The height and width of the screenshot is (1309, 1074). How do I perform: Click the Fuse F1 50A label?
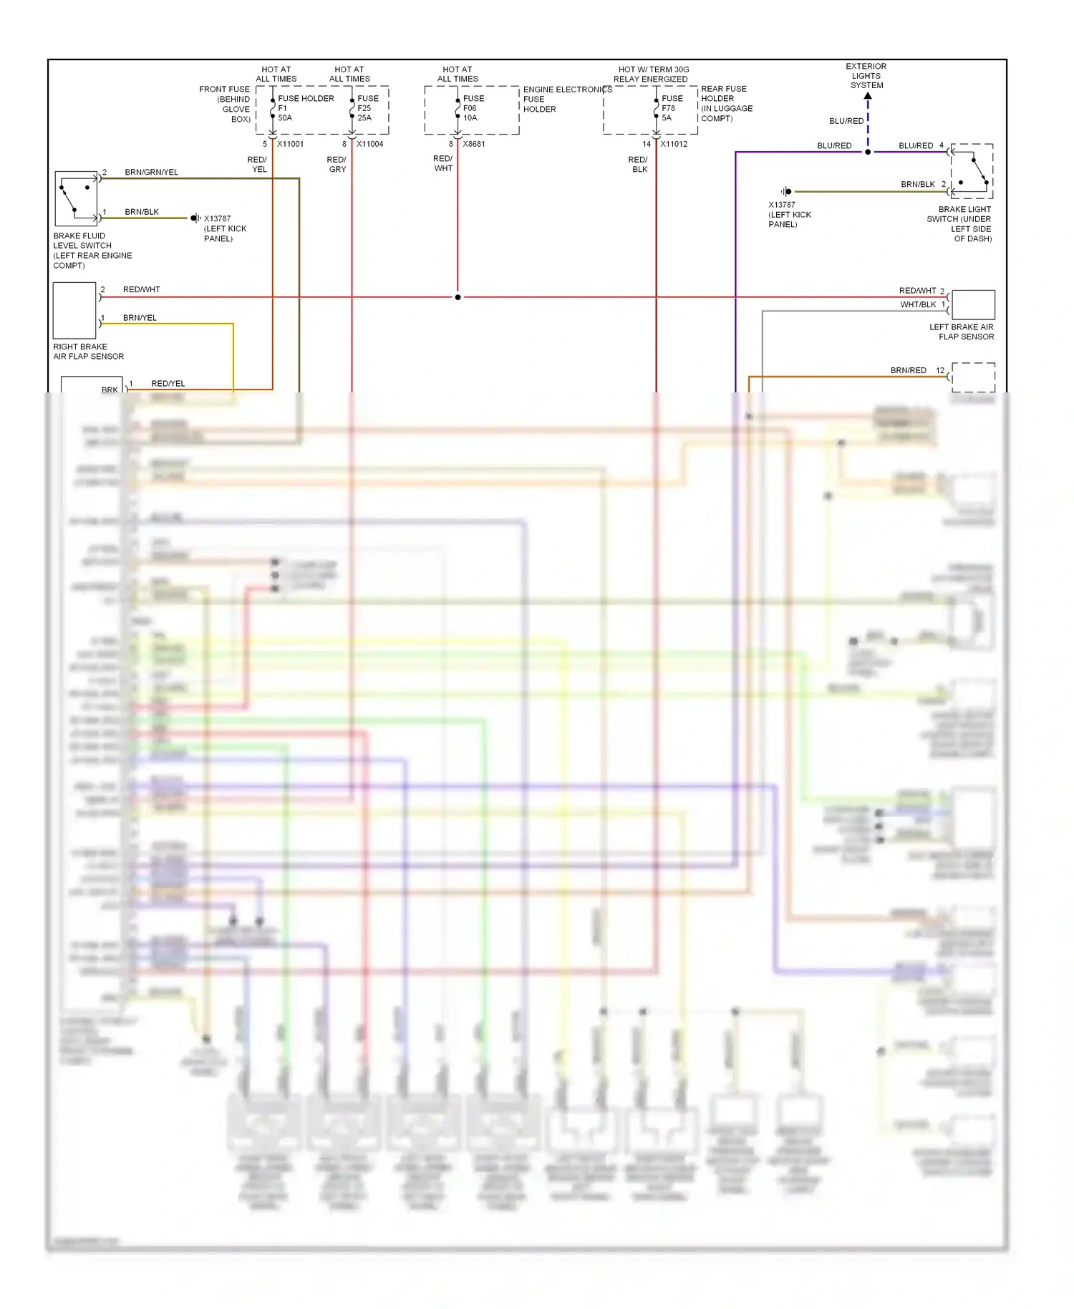285,108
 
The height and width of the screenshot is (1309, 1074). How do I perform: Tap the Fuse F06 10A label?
472,108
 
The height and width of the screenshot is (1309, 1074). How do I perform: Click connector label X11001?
290,144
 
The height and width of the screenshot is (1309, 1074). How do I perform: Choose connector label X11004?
369,144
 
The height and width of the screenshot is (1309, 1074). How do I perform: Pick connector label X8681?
474,144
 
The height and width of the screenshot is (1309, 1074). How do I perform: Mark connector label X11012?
674,144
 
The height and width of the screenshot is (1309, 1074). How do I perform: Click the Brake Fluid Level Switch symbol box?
76,198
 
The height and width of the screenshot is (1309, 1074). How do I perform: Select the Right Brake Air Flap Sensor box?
74,310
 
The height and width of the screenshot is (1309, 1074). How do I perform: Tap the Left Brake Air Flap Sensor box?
973,304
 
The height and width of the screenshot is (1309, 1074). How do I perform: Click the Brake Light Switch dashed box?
972,170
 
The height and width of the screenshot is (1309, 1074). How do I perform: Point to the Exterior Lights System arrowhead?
868,96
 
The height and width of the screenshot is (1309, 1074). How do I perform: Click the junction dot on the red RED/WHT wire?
458,297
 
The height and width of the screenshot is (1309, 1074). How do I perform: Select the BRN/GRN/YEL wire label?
151,173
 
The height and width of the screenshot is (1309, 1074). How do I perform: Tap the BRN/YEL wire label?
140,318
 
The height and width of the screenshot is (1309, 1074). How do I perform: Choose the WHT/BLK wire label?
918,305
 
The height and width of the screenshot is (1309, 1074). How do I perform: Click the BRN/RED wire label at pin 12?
908,371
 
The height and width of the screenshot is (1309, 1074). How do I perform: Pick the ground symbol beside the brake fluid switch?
195,218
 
